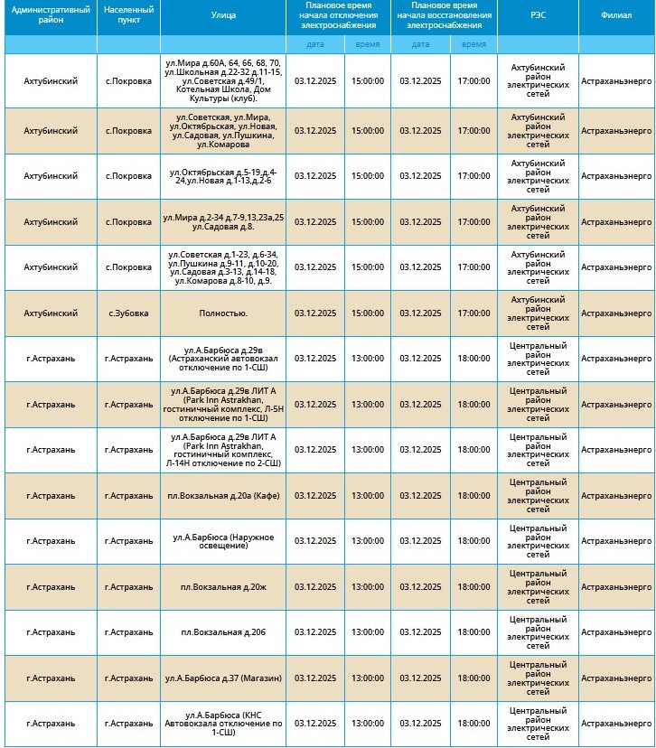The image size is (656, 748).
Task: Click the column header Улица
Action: (223, 16)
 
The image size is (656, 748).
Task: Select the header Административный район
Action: (50, 16)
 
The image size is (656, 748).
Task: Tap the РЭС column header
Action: (538, 16)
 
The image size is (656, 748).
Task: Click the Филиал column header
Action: (616, 16)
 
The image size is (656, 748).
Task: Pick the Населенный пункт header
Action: (128, 16)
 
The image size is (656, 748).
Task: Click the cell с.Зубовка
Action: (128, 313)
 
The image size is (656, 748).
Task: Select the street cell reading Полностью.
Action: (223, 313)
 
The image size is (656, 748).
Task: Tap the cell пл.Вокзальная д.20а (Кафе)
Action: (223, 496)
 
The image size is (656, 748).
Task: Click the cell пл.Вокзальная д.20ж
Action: (223, 587)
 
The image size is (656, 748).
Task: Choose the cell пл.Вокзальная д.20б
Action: (223, 632)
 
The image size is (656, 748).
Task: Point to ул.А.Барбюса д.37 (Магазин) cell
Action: (223, 678)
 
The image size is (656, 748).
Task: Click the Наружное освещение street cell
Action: (223, 541)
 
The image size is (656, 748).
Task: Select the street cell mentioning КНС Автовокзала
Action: (223, 724)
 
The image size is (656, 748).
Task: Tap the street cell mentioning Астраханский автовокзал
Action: (223, 359)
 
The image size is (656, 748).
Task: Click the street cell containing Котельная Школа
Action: (223, 81)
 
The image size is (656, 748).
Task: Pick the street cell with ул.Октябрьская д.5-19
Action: (223, 176)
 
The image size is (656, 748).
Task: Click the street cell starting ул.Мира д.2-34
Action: (223, 222)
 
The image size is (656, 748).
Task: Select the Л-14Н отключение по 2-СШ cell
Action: (223, 450)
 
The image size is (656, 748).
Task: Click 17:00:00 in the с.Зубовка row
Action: (473, 313)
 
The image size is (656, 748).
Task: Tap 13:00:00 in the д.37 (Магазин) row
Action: (368, 678)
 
